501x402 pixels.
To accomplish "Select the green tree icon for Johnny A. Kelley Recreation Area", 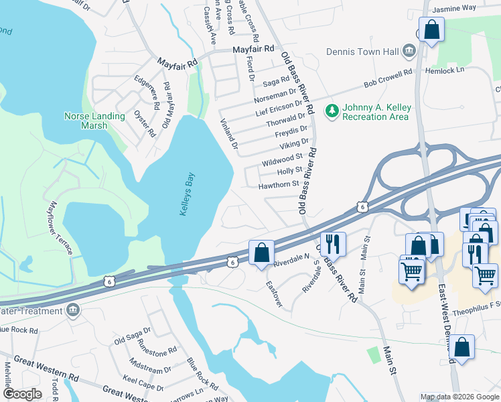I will pos(330,111).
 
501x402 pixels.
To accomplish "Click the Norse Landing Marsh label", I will pos(94,121).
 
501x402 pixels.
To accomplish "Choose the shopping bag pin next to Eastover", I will pos(261,253).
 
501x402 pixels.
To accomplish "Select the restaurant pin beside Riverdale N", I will pos(332,243).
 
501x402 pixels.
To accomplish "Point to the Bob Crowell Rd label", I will pos(388,78).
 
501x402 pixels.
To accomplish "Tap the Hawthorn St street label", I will pos(278,184).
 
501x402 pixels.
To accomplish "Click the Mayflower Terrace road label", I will pos(60,228).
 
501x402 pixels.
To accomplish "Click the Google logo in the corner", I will pos(23,394).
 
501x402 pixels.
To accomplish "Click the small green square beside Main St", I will pos(374,353).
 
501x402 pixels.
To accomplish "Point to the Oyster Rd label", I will pos(145,121).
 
